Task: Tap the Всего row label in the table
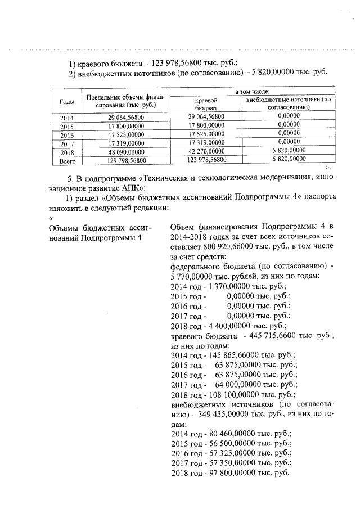(x=67, y=160)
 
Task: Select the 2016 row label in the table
(x=66, y=135)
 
